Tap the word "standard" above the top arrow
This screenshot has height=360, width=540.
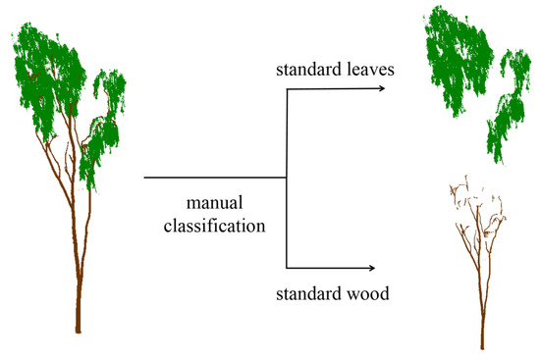tap(308, 72)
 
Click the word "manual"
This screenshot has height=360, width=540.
tap(215, 203)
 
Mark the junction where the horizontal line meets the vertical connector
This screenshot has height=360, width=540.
tap(286, 178)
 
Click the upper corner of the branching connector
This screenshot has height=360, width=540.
tap(286, 89)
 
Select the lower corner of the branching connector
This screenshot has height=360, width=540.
tap(286, 267)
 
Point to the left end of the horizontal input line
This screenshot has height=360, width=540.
tap(145, 178)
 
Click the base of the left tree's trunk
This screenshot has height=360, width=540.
tap(78, 330)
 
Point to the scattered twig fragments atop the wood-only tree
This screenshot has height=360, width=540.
tap(471, 196)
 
